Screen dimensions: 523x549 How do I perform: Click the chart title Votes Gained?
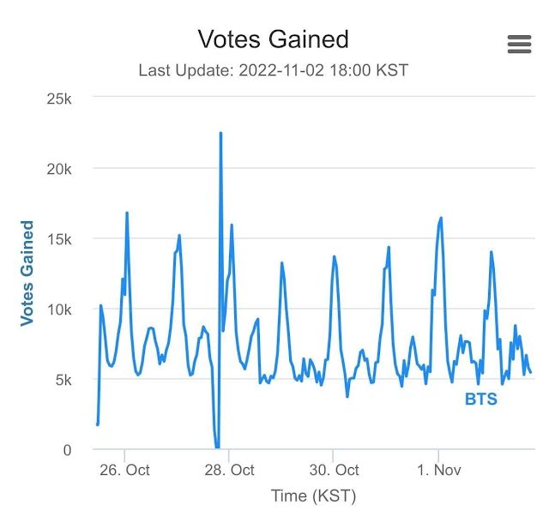click(273, 39)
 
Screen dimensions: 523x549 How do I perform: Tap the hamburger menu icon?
click(520, 45)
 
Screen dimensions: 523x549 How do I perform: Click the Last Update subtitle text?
click(273, 70)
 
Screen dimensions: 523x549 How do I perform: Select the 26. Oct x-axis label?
click(124, 471)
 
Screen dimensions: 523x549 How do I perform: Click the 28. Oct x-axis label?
click(229, 471)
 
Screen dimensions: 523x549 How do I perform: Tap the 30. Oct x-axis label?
click(334, 471)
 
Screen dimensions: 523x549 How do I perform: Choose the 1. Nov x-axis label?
click(438, 471)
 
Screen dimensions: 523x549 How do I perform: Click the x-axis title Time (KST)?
click(313, 496)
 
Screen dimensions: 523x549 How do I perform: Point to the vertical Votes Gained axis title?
click(27, 274)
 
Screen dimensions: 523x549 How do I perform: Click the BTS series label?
click(480, 400)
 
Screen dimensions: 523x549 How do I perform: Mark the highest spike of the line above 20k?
click(220, 134)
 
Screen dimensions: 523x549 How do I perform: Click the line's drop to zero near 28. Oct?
click(217, 447)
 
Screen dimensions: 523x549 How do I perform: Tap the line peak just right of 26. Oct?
click(127, 213)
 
